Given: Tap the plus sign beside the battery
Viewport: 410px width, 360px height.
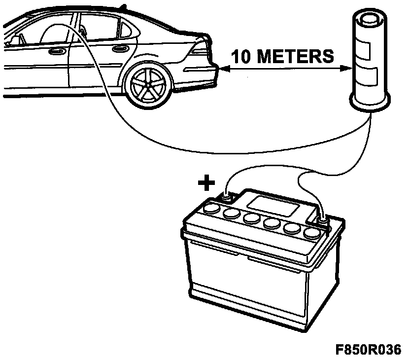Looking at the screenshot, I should tap(207, 184).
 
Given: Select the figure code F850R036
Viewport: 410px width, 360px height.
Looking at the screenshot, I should tap(369, 349).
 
